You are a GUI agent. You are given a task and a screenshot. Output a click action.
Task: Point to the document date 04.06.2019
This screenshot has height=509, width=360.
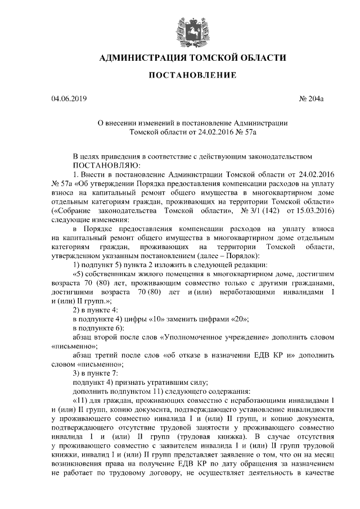(69, 99)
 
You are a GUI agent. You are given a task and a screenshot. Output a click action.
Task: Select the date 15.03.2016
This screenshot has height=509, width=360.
(314, 210)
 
